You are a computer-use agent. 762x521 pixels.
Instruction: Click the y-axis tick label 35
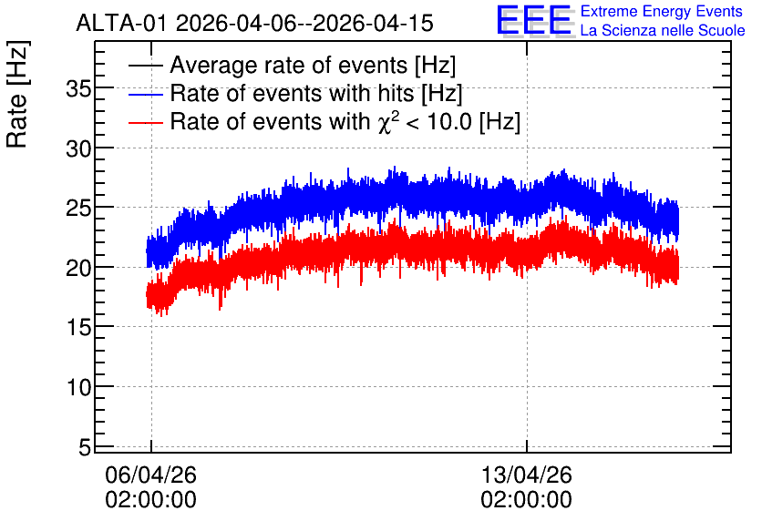(x=78, y=89)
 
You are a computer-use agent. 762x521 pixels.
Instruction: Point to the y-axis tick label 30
(x=78, y=148)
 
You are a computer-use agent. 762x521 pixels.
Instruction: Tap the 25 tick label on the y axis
(x=78, y=209)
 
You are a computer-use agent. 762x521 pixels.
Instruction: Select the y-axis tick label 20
(x=78, y=268)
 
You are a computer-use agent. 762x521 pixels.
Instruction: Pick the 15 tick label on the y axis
(x=78, y=328)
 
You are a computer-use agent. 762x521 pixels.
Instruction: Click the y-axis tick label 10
(x=78, y=387)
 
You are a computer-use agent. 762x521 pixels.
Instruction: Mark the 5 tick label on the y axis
(x=85, y=447)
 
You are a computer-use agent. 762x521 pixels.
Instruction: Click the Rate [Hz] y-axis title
(x=17, y=95)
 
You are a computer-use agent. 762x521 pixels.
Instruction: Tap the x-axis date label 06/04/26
(x=150, y=475)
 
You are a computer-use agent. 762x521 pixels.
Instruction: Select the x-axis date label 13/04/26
(x=526, y=475)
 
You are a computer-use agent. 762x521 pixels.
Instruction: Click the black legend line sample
(x=145, y=65)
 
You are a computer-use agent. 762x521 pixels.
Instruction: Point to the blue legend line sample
(x=145, y=94)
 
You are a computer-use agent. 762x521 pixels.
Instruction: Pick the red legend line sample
(x=145, y=122)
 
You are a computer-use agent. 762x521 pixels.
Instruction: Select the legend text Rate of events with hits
(x=292, y=93)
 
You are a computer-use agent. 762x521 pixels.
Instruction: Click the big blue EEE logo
(x=535, y=20)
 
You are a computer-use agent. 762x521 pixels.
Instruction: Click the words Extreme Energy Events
(x=662, y=11)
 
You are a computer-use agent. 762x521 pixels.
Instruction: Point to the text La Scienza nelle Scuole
(x=663, y=30)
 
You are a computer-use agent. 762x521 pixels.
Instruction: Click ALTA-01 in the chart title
(x=122, y=24)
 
